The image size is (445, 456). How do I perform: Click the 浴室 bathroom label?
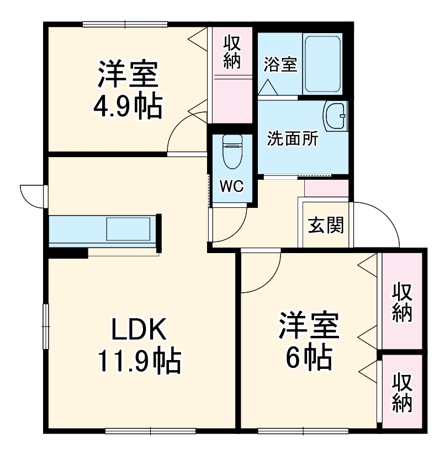pyautogui.click(x=280, y=65)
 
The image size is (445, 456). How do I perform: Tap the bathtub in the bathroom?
pyautogui.click(x=322, y=65)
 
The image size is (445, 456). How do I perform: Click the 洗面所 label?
pyautogui.click(x=292, y=140)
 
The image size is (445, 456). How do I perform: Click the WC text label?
pyautogui.click(x=231, y=186)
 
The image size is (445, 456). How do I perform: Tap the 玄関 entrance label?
pyautogui.click(x=326, y=224)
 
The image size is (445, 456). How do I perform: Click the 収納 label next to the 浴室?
pyautogui.click(x=232, y=52)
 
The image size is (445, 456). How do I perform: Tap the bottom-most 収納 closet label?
pyautogui.click(x=402, y=393)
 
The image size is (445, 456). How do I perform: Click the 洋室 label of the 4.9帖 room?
pyautogui.click(x=128, y=75)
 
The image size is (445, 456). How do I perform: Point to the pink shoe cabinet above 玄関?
pyautogui.click(x=326, y=188)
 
